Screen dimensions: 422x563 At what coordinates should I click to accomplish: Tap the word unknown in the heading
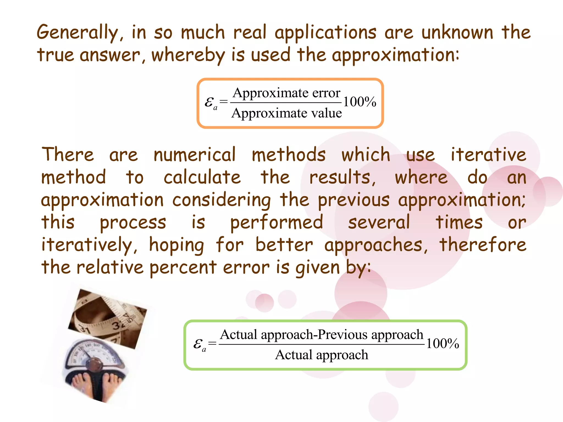click(x=457, y=32)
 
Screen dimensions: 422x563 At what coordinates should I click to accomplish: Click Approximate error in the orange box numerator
click(x=286, y=93)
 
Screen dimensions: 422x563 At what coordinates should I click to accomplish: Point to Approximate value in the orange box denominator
click(x=286, y=113)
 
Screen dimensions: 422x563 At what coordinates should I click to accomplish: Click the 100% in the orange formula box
click(x=360, y=102)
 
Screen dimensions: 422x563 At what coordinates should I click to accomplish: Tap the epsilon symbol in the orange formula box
click(x=209, y=102)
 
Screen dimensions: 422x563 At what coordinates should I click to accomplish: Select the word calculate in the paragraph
click(x=202, y=177)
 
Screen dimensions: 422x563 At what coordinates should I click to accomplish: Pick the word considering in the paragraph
click(x=222, y=200)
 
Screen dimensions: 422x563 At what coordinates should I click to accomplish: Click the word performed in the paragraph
click(x=277, y=222)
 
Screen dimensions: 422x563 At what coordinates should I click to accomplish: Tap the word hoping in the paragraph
click(x=176, y=245)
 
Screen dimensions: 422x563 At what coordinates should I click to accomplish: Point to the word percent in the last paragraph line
click(x=183, y=268)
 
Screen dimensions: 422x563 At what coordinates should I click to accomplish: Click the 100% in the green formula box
click(x=442, y=343)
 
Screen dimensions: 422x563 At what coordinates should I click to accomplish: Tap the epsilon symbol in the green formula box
click(x=198, y=343)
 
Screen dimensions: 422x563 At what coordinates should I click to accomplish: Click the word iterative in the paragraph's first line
click(x=488, y=155)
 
